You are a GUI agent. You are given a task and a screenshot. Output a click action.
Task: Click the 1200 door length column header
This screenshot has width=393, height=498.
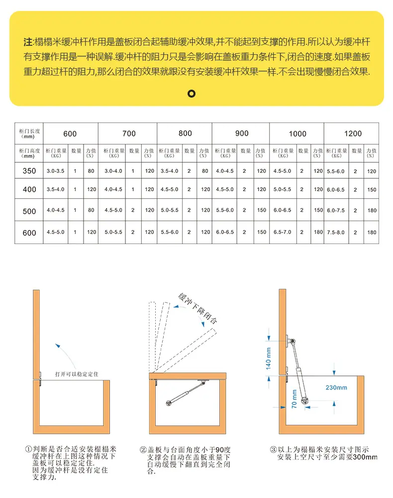(353, 133)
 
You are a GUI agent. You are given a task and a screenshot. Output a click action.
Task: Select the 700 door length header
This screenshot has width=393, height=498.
(129, 133)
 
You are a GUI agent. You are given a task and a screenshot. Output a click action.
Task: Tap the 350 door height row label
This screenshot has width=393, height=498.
(29, 171)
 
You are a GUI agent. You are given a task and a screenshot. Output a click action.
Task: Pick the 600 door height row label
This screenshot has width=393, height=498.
(29, 233)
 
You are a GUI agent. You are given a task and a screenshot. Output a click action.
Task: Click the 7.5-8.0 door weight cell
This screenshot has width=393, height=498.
(336, 233)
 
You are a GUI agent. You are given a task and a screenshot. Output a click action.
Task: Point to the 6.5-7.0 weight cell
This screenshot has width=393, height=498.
(282, 232)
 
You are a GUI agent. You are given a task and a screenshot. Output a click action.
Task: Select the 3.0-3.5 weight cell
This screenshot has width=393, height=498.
(56, 171)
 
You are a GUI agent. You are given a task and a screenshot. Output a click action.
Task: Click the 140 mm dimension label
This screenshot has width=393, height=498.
(268, 358)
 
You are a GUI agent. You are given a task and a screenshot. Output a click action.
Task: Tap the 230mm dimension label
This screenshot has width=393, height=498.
(336, 387)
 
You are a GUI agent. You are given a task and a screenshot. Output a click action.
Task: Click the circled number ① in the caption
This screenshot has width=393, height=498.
(28, 449)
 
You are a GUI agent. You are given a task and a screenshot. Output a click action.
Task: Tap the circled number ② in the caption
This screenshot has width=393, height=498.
(143, 450)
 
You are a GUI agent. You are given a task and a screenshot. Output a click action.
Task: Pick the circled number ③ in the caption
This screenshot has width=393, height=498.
(274, 449)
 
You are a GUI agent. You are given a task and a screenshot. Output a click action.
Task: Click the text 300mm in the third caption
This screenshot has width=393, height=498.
(365, 457)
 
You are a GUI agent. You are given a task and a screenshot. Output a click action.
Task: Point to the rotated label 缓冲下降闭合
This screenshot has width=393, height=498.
(198, 308)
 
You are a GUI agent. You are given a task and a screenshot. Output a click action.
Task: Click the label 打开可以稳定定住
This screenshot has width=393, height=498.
(77, 374)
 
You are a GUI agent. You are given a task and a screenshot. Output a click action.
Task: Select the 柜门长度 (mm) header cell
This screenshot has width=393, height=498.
(29, 133)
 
